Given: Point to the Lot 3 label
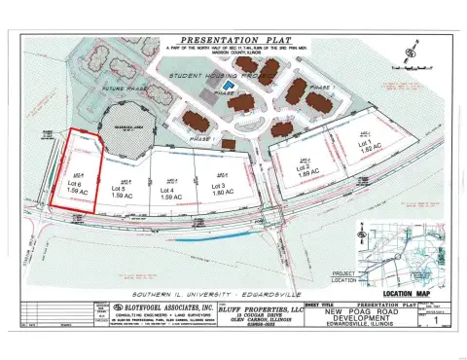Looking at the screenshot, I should point(217,186).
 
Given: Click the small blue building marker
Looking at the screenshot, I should point(228,87).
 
